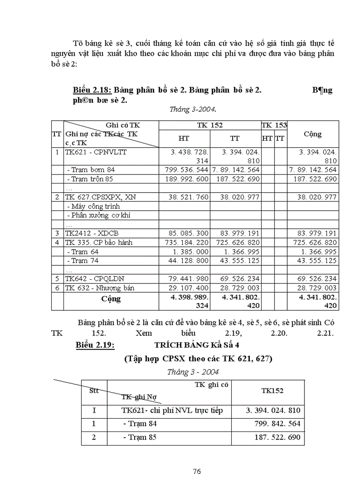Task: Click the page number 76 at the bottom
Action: (x=197, y=471)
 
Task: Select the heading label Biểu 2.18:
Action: (x=92, y=90)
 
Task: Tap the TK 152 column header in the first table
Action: (x=210, y=125)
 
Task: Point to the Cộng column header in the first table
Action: (x=313, y=134)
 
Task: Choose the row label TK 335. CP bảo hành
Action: (x=98, y=242)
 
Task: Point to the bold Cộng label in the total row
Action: (x=111, y=298)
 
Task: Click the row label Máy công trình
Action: (x=93, y=206)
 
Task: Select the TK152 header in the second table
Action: (x=272, y=391)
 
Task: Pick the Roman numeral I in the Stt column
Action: (x=94, y=410)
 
